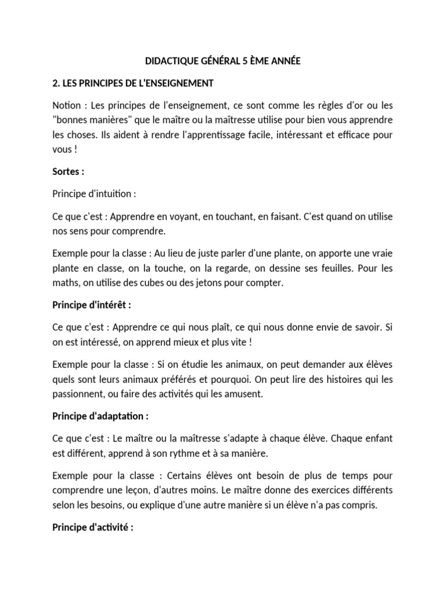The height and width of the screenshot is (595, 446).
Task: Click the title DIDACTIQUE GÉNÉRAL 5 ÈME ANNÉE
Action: click(x=222, y=61)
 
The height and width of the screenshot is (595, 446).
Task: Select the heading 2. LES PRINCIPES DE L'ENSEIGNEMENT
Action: click(x=133, y=84)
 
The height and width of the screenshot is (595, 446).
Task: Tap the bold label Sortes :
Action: click(x=68, y=173)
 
